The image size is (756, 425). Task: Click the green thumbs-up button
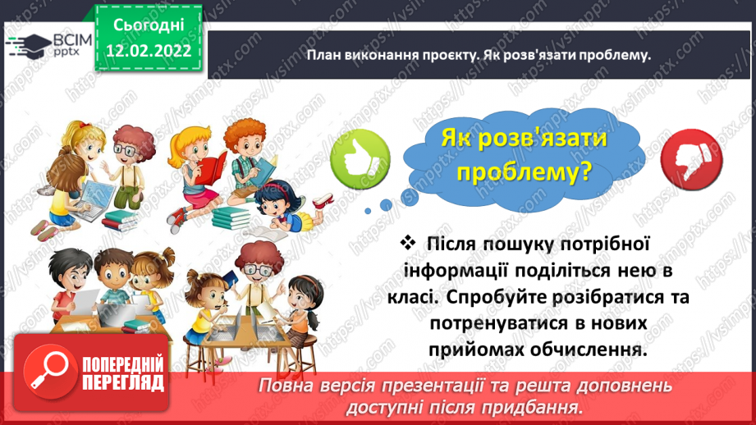362,157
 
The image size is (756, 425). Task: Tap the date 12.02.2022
148,50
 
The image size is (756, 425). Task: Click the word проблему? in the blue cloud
526,174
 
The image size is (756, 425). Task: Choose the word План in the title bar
327,56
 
